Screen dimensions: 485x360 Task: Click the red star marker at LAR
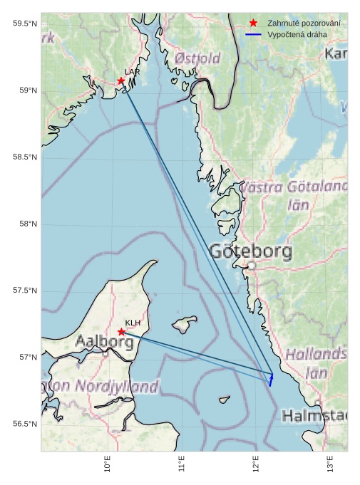121,80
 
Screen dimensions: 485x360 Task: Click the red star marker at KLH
121,332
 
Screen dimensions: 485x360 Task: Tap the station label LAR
132,72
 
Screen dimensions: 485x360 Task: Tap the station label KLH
133,323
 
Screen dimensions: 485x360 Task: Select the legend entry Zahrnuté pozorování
303,24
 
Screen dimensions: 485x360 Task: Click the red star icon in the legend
253,24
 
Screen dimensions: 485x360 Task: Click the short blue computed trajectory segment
271,378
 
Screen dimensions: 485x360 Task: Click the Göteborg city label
251,251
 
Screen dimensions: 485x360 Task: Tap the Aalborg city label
104,342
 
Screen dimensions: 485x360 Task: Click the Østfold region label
197,58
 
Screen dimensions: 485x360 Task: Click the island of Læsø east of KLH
185,323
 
